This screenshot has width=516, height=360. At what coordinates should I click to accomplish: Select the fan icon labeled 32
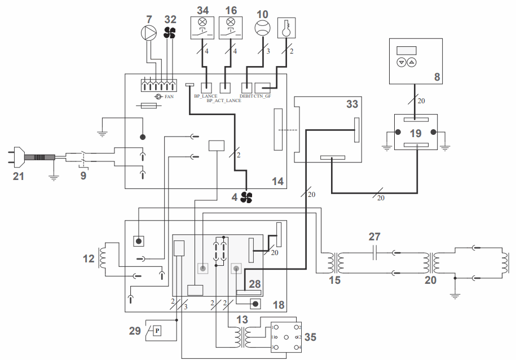pyautogui.click(x=170, y=33)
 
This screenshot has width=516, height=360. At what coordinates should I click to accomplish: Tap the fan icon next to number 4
pyautogui.click(x=246, y=197)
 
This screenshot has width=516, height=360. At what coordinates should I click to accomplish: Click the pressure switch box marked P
pyautogui.click(x=157, y=330)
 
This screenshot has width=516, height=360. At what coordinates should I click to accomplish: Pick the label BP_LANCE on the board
pyautogui.click(x=206, y=96)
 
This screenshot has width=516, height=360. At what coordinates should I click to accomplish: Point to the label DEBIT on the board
pyautogui.click(x=246, y=96)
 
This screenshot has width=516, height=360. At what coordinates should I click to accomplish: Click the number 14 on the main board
pyautogui.click(x=277, y=181)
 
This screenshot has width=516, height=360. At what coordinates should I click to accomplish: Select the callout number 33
pyautogui.click(x=352, y=104)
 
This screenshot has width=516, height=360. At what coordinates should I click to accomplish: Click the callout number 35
pyautogui.click(x=310, y=337)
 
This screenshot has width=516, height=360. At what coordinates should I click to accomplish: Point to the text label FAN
pyautogui.click(x=169, y=97)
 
